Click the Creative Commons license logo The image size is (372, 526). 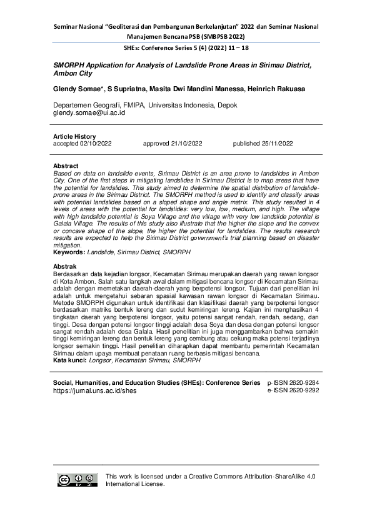click(78, 480)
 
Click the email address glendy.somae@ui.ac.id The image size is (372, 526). click(89, 113)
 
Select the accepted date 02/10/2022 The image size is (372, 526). click(83, 143)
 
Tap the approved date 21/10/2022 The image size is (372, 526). click(172, 143)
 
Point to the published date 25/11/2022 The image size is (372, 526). click(263, 143)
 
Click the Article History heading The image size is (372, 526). click(74, 136)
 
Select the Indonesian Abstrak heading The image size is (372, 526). click(65, 267)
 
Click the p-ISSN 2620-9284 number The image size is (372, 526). click(293, 382)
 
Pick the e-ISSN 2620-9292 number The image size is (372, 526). click(293, 390)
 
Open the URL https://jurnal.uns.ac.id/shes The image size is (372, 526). click(94, 390)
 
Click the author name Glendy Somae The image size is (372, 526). click(78, 89)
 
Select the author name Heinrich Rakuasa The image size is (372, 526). click(274, 89)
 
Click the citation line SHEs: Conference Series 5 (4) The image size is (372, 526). click(186, 47)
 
